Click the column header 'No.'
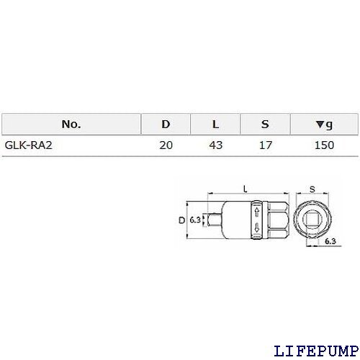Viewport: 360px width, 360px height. click(71, 124)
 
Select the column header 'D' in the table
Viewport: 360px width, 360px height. click(166, 124)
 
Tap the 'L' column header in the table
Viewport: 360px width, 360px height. click(215, 124)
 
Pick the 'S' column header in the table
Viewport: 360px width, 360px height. click(264, 124)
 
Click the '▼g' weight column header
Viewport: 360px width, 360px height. click(325, 124)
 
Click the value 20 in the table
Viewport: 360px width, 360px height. click(166, 145)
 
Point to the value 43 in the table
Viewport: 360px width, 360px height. click(215, 145)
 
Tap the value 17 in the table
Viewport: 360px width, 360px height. click(264, 145)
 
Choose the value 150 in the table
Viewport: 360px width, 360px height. click(325, 145)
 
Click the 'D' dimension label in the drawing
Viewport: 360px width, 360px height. click(181, 219)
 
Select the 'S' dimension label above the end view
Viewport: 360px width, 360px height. click(312, 189)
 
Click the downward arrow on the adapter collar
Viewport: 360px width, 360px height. click(257, 229)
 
